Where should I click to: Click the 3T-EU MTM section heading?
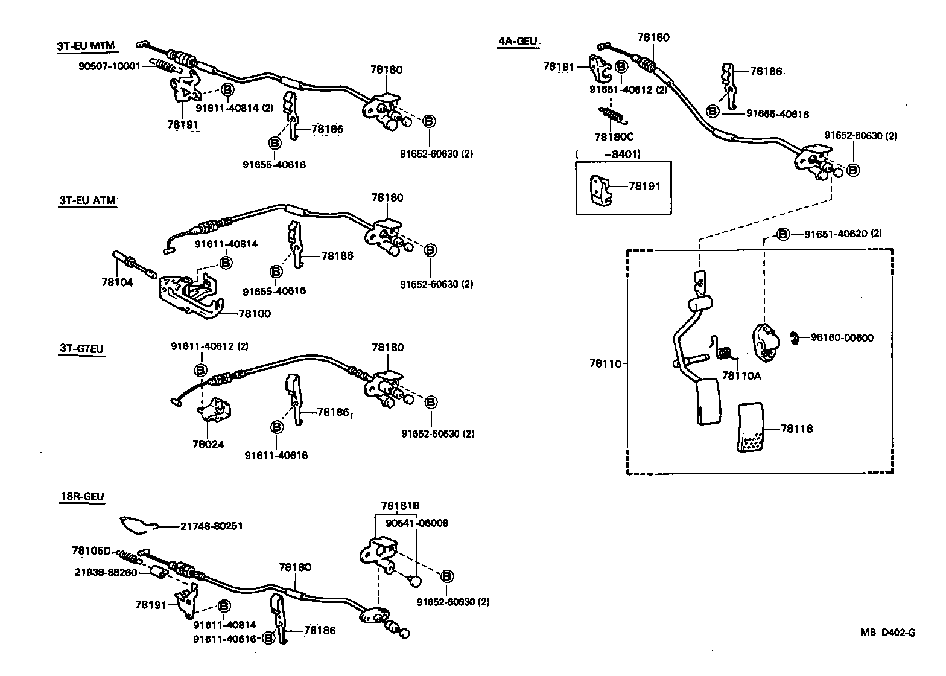point(86,46)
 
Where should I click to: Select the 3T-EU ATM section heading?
point(86,201)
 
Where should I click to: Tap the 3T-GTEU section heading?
point(81,349)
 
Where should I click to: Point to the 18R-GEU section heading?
point(81,497)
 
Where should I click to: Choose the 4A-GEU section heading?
point(517,42)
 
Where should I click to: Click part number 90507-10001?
point(109,65)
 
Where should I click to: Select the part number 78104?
point(117,282)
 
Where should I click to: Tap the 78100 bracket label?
point(255,314)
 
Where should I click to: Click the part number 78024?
point(208,445)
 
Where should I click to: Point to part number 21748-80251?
point(211,526)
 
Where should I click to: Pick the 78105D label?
point(91,550)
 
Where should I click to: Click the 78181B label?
point(400,506)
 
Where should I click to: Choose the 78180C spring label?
point(614,137)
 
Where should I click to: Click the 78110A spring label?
point(741,375)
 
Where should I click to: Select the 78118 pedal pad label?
point(796,429)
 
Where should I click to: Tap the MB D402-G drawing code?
point(887,633)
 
